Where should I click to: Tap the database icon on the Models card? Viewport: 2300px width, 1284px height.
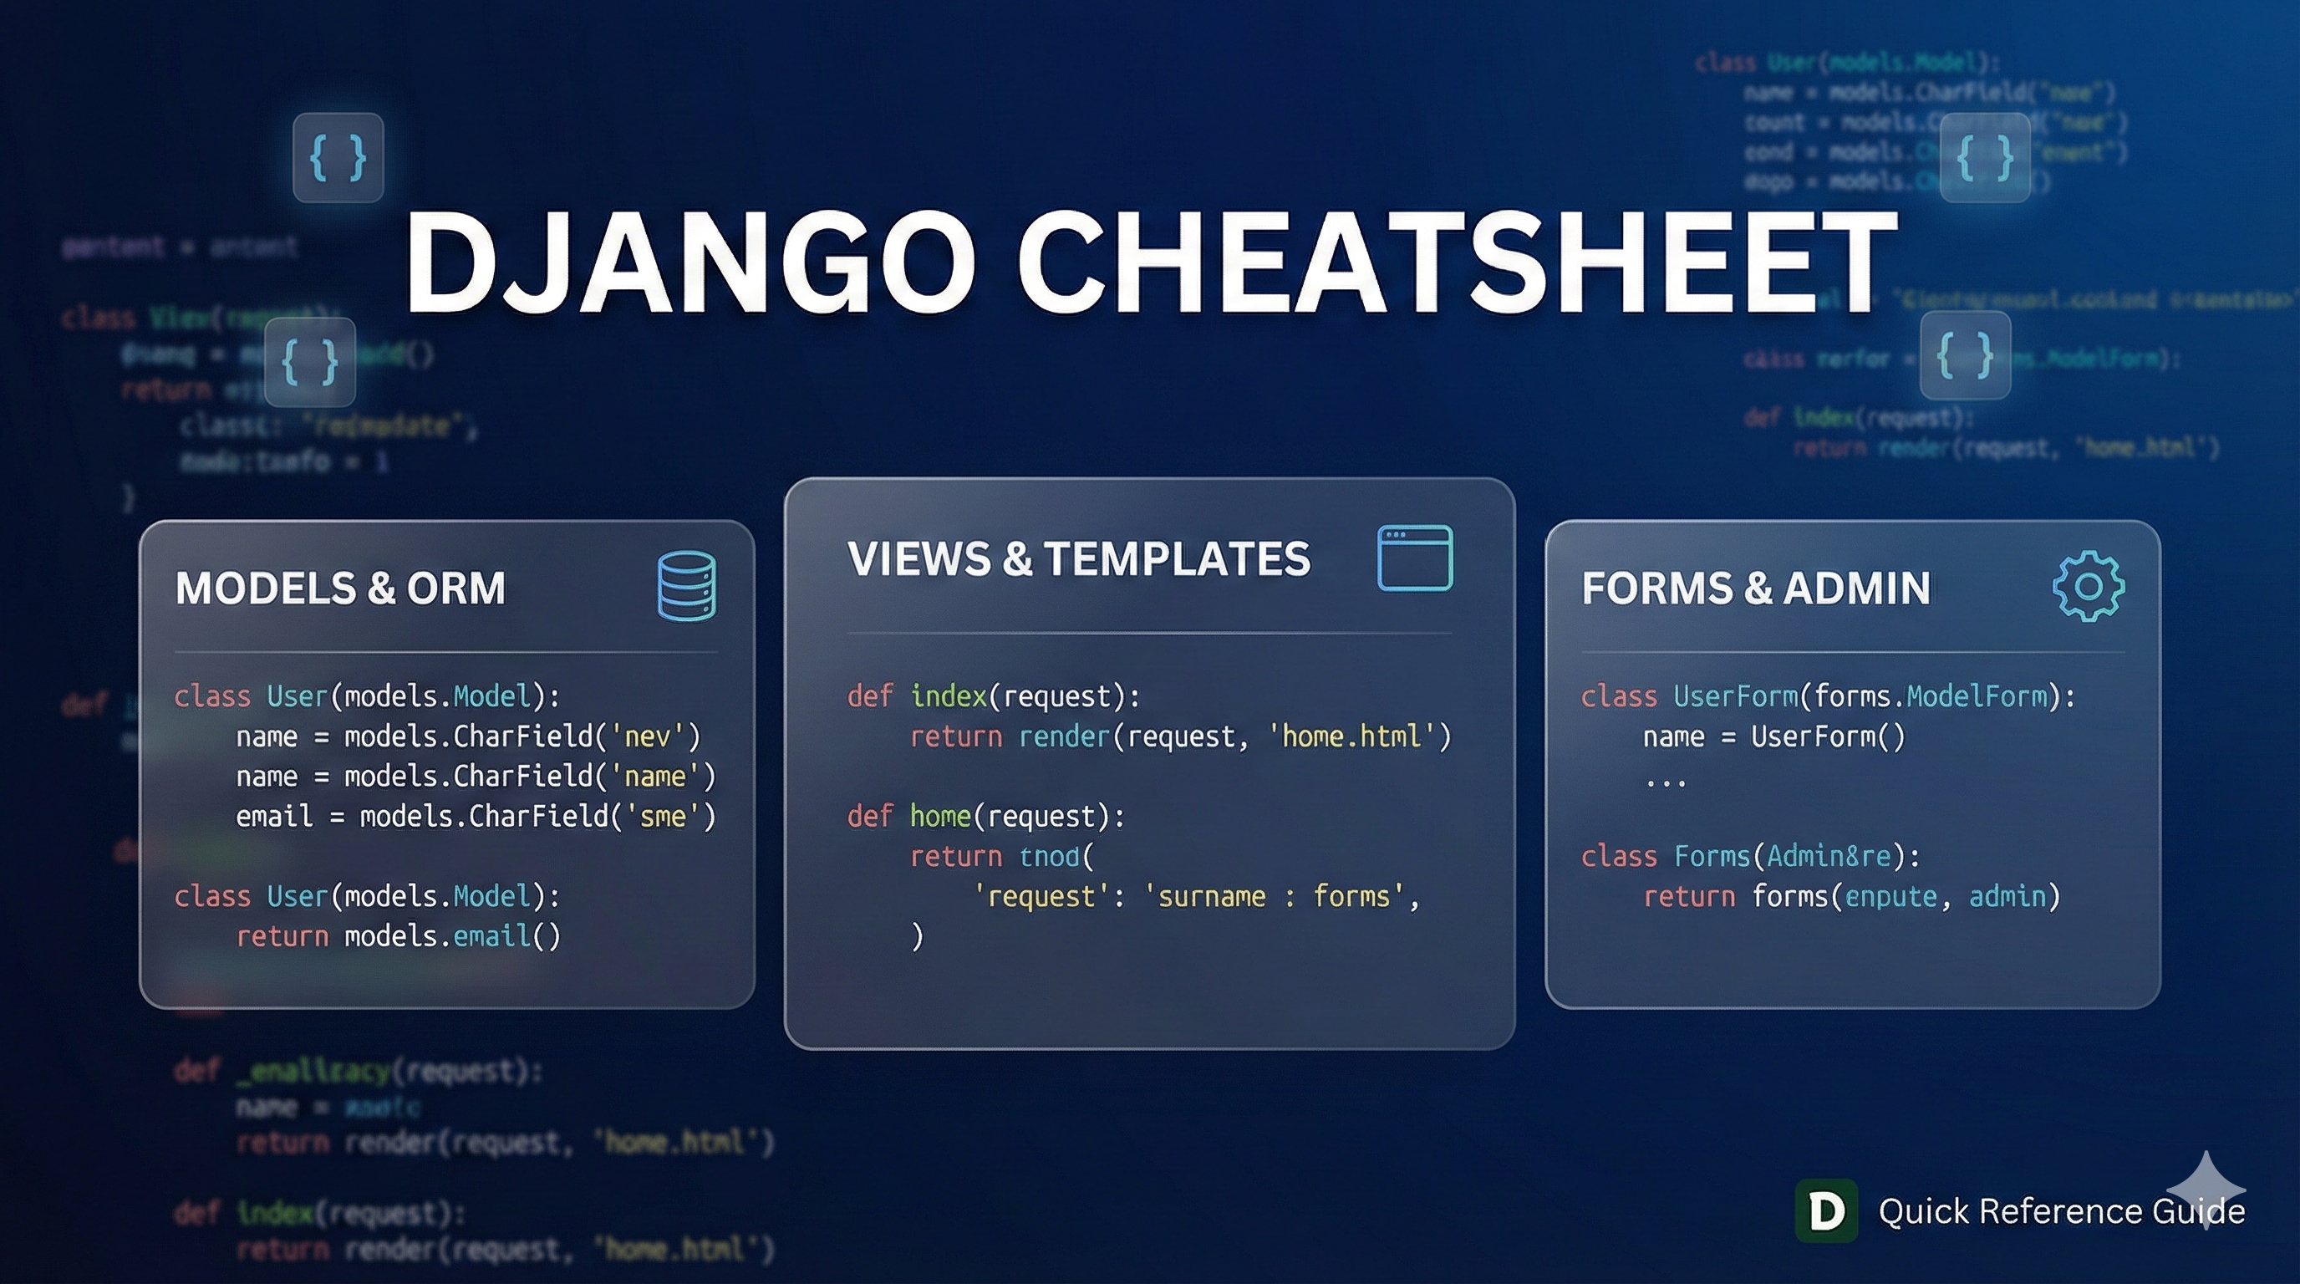[687, 586]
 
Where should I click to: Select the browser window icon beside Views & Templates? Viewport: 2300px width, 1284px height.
[1415, 558]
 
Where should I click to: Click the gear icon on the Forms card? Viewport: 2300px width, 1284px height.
[2089, 586]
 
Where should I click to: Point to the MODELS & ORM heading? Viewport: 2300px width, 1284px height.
[340, 588]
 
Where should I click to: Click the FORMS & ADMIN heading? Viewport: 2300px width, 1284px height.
[1755, 588]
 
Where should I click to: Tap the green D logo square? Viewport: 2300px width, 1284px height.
[1826, 1210]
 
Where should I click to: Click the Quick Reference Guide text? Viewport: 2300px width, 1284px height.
[2061, 1211]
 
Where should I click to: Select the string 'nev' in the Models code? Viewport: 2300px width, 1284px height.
[648, 736]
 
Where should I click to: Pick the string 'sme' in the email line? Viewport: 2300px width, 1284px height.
[663, 816]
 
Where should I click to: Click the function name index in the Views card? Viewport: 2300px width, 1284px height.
[949, 696]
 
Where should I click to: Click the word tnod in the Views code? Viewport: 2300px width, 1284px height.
[1050, 856]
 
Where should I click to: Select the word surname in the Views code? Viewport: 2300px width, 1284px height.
[1212, 896]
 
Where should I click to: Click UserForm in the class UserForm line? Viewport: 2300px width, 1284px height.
[1736, 696]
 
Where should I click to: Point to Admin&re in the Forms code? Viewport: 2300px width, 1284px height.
[1829, 856]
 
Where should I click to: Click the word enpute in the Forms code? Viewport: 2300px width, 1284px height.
[1891, 896]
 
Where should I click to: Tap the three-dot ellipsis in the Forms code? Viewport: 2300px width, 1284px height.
[1665, 783]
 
